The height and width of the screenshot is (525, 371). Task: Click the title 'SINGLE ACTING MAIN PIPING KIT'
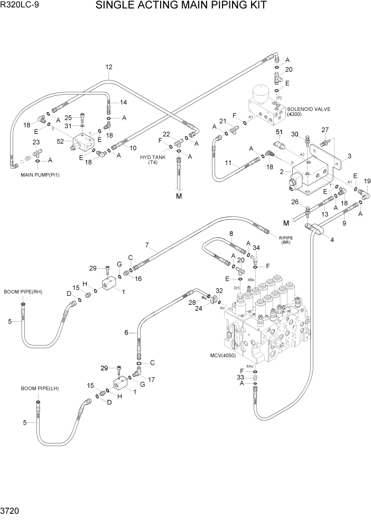coord(181,6)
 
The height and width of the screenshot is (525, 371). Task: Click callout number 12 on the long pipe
coord(109,67)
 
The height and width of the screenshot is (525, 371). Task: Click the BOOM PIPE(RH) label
coord(22,292)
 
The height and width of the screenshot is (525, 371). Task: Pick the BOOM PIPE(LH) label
coord(40,388)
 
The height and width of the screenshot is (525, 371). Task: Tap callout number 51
coord(279,132)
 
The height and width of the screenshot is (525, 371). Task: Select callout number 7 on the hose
coord(149,245)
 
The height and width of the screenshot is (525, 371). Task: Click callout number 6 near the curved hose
coord(126,332)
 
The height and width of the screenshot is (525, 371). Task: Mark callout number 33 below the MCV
coord(241,377)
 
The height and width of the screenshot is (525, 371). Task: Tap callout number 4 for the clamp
coord(332,240)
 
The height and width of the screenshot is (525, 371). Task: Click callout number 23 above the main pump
coord(36,142)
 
